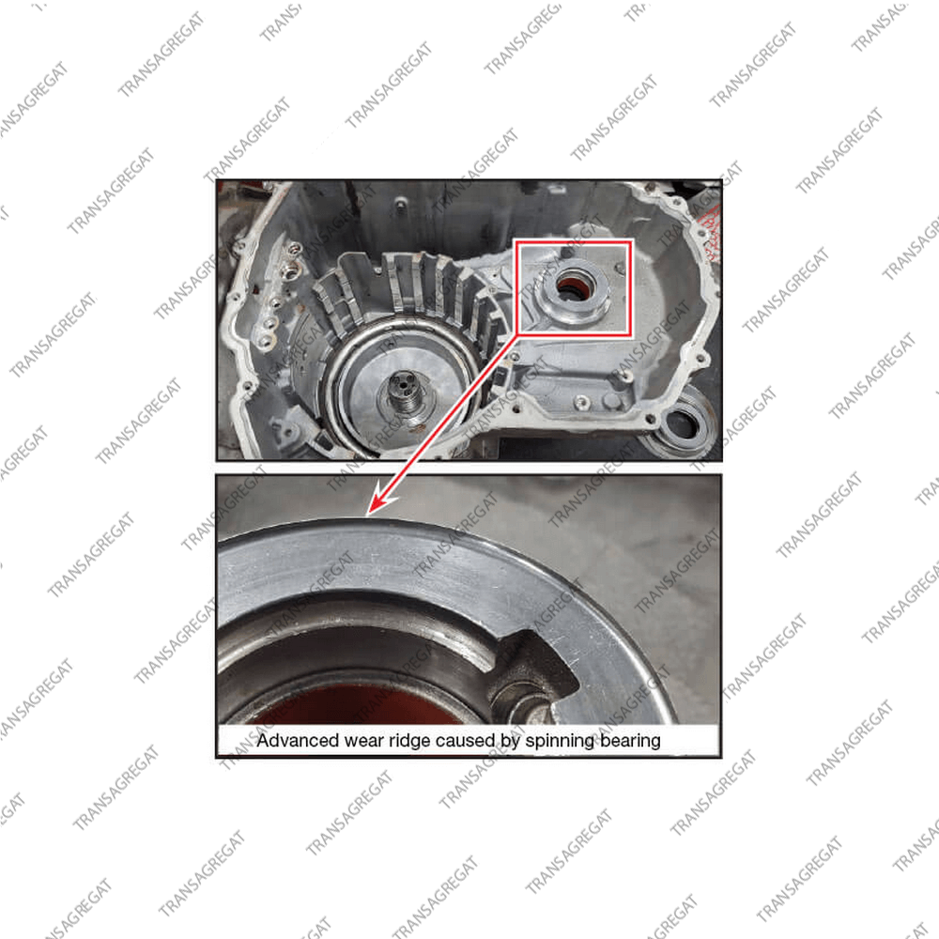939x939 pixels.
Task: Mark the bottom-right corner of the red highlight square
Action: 631,335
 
